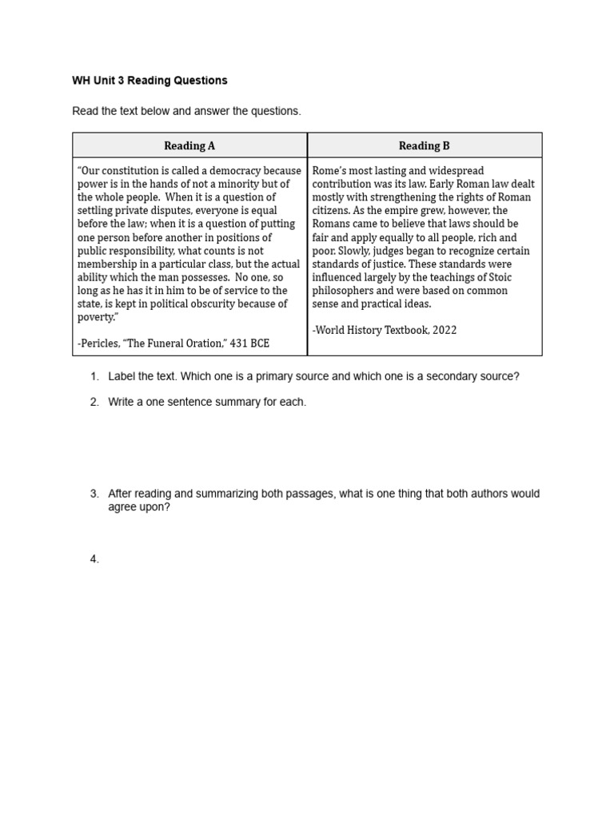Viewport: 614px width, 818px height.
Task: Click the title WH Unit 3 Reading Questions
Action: [x=150, y=81]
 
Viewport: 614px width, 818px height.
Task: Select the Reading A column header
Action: [x=189, y=145]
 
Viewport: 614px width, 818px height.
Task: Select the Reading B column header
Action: [x=425, y=145]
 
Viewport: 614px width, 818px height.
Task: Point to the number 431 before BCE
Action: [x=240, y=343]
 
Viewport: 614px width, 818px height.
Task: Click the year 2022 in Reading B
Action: [x=444, y=330]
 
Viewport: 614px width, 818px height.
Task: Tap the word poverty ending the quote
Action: [x=97, y=317]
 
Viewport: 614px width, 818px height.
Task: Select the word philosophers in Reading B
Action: [x=342, y=291]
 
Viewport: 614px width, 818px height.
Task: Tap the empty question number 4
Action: [x=94, y=559]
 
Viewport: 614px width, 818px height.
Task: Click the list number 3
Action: [x=94, y=494]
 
